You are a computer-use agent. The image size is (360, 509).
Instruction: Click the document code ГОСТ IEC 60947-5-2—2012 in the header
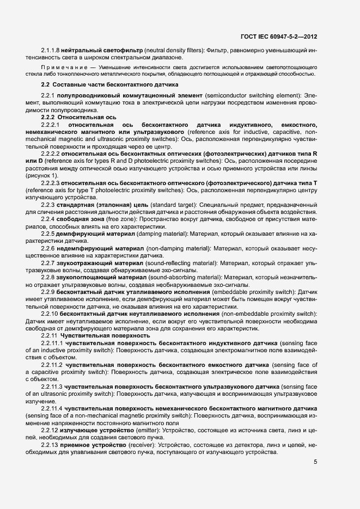tap(278, 37)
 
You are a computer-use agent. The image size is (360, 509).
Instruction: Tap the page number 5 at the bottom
tap(315, 462)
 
